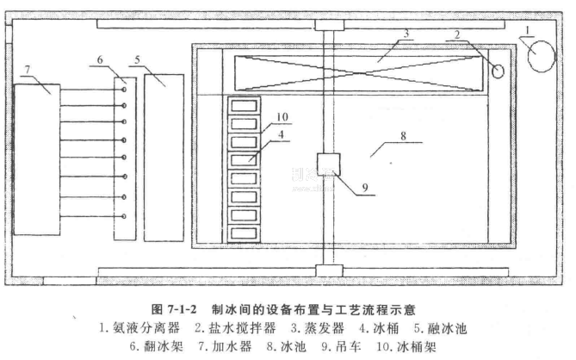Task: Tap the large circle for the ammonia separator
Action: pos(543,59)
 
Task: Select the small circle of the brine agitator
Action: pos(498,71)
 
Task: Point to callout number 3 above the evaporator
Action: pos(402,34)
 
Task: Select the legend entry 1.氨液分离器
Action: pos(139,328)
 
